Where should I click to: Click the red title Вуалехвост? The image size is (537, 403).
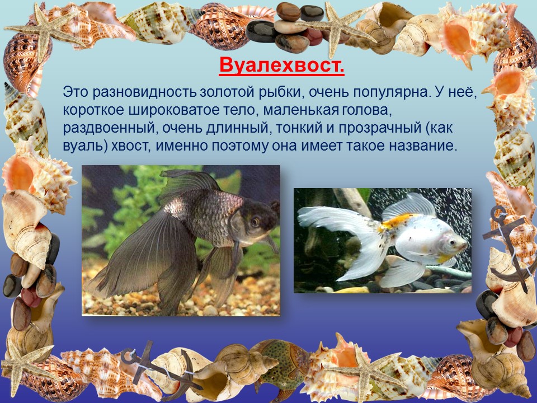(x=281, y=65)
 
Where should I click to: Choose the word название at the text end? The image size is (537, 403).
(x=423, y=146)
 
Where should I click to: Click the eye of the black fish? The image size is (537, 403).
(x=255, y=222)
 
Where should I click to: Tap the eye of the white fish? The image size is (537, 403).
(x=453, y=242)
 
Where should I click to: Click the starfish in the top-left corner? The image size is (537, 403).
(x=45, y=30)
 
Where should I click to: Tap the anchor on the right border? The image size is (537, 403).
(x=507, y=247)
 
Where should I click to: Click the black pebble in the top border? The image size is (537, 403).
(x=262, y=31)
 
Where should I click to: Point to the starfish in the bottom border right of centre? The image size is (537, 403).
(x=364, y=373)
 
